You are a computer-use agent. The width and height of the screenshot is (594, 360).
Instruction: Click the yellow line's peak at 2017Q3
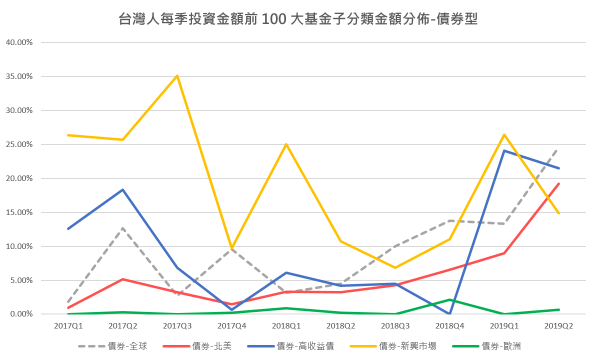pos(177,76)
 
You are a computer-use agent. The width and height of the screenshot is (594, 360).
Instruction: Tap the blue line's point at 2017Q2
pos(122,189)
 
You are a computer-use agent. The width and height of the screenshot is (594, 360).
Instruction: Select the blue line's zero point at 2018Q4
pos(449,313)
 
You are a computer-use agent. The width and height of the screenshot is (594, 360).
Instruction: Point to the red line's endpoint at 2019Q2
pos(558,183)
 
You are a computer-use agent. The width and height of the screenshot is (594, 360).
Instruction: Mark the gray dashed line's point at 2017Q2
pos(122,228)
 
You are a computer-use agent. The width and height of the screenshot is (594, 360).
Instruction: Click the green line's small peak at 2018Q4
pos(449,299)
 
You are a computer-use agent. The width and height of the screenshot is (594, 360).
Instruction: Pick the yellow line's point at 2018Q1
pos(286,144)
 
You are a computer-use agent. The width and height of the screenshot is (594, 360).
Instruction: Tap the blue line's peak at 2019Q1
pos(504,150)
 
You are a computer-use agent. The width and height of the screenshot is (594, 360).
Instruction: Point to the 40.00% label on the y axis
pos(19,42)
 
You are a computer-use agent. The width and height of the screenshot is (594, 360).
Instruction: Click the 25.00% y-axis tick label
pos(19,144)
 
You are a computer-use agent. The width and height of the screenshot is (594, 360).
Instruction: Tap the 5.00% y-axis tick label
pos(21,280)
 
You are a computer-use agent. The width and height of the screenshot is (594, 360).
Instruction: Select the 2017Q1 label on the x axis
pos(68,325)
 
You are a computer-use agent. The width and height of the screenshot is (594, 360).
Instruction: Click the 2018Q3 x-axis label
pos(395,325)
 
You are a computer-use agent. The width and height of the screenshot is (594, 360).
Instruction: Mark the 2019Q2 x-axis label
pos(558,325)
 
